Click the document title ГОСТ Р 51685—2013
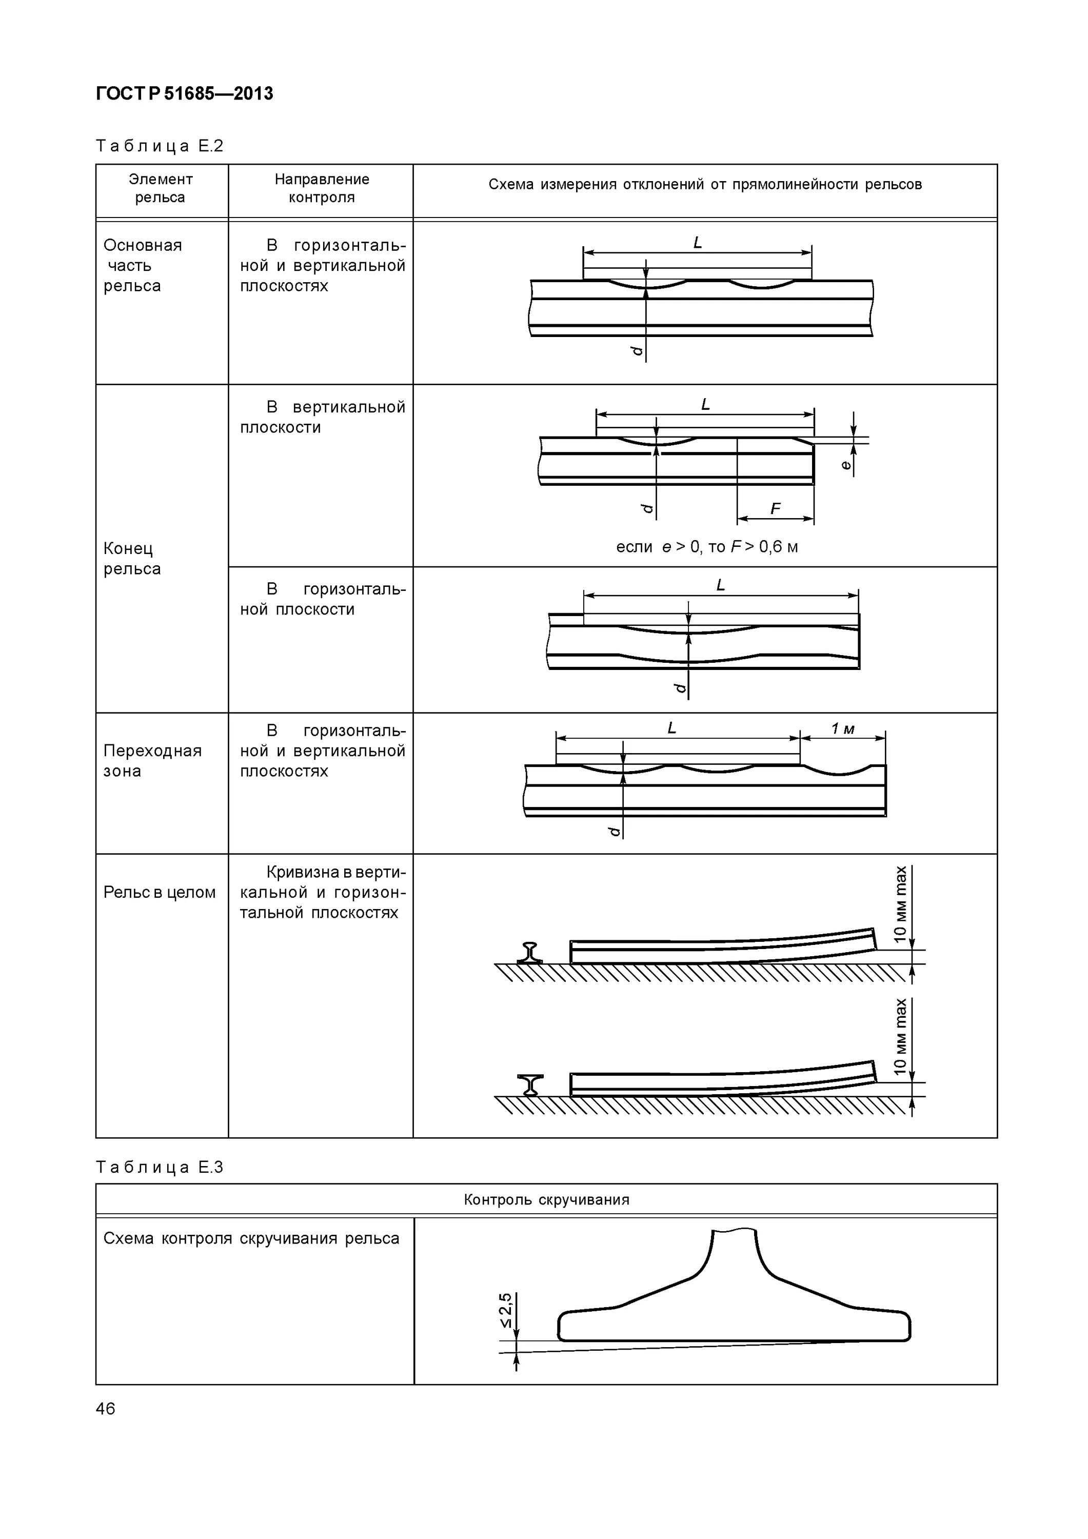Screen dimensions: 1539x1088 tap(184, 94)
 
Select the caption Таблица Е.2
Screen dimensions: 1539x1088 tap(160, 146)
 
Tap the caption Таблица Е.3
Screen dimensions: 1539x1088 tap(160, 1167)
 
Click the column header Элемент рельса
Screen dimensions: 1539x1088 tap(161, 188)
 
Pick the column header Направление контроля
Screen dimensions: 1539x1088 tap(322, 188)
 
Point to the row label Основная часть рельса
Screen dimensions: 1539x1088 tap(142, 265)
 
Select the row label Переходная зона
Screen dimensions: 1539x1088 tap(152, 760)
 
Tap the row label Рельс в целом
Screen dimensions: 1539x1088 tap(160, 892)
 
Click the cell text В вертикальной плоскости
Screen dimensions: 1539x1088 tap(323, 417)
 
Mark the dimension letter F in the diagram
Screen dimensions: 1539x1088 tap(776, 509)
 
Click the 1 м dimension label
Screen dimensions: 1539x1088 tap(843, 728)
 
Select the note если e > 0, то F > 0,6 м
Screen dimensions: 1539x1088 tap(706, 547)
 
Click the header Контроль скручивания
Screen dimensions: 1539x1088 tap(546, 1200)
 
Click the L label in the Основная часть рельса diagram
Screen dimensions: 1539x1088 tap(697, 243)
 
